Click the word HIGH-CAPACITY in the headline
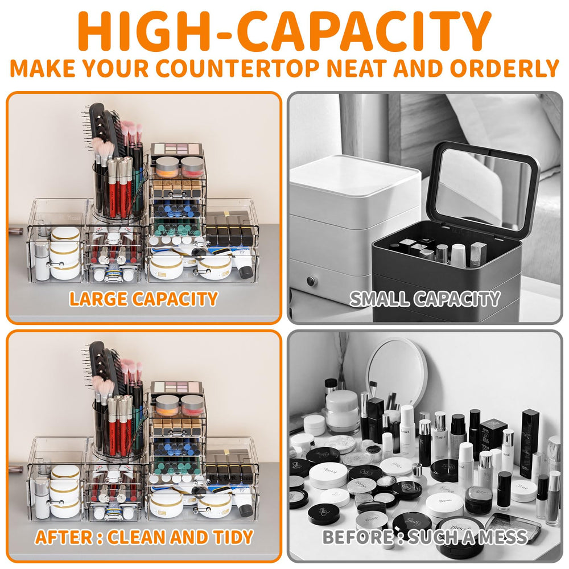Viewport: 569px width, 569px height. [284, 31]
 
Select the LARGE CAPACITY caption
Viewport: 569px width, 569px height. [143, 299]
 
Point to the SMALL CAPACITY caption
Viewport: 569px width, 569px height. [425, 299]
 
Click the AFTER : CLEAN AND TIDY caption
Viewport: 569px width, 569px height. [144, 537]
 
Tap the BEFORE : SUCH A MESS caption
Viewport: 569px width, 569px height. [425, 537]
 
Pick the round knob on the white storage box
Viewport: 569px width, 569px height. [311, 281]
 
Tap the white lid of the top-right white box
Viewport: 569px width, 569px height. [355, 178]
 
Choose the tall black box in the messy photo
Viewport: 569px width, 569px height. [529, 443]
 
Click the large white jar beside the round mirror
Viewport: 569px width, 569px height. [342, 411]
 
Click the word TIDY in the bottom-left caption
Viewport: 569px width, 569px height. [233, 537]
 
